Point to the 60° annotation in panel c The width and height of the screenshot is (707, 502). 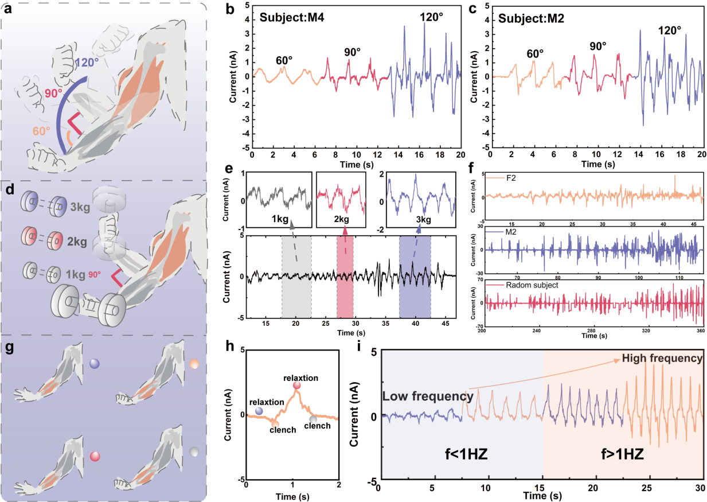pos(536,54)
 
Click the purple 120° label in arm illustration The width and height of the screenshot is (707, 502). pos(87,62)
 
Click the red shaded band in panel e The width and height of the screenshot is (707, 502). pos(345,275)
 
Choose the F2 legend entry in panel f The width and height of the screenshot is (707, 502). pos(511,178)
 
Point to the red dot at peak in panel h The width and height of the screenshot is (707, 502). pos(296,386)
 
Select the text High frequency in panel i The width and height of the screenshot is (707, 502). pos(662,359)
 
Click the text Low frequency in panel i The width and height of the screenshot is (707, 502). pos(428,396)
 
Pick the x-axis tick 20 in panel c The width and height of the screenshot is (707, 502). pos(702,155)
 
